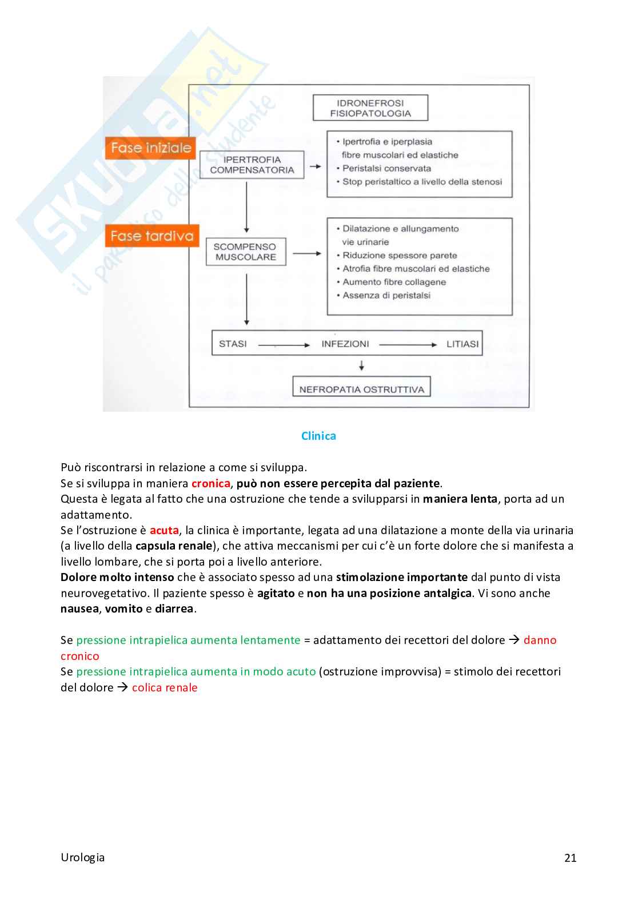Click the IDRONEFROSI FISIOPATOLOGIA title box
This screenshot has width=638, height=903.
(370, 108)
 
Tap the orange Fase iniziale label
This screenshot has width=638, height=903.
(150, 148)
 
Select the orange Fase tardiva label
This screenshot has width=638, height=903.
(151, 236)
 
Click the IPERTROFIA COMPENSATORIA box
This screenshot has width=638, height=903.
(252, 165)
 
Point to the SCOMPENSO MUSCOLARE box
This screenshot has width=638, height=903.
(245, 252)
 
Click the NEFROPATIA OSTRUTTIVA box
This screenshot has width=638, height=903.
(361, 389)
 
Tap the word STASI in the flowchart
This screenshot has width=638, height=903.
(233, 344)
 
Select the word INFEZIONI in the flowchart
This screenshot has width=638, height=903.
(345, 344)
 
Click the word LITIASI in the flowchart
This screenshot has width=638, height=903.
(462, 344)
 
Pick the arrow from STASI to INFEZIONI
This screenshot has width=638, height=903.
(284, 345)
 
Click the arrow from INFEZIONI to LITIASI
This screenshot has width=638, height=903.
(408, 345)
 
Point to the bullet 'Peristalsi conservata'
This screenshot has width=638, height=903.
(386, 168)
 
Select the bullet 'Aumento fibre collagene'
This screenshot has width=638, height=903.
(394, 282)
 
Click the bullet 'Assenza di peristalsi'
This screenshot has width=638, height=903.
(386, 295)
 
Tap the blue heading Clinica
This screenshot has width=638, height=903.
(318, 436)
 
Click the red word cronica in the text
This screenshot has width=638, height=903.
(210, 483)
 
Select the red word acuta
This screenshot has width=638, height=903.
(164, 530)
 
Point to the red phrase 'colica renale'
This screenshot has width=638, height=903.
(165, 687)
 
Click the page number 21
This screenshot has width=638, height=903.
(570, 857)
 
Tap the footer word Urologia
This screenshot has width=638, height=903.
(83, 857)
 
